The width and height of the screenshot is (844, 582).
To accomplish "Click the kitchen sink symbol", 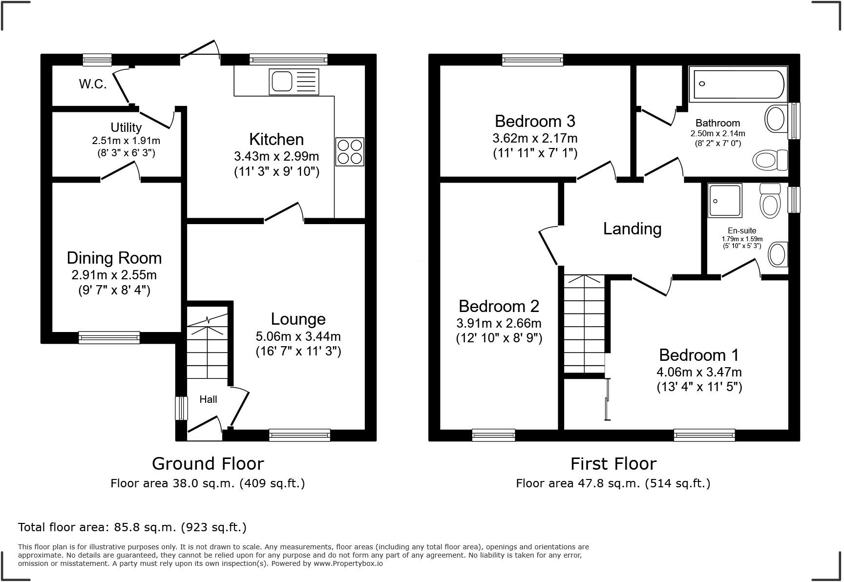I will (294, 82).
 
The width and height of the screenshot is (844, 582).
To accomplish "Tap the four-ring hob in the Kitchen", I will (350, 152).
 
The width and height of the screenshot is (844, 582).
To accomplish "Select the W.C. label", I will (93, 84).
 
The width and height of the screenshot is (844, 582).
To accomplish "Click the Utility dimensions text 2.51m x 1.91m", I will (126, 141).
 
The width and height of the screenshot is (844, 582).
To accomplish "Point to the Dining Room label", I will (114, 258).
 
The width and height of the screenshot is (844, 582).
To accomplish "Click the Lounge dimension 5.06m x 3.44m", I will (298, 336).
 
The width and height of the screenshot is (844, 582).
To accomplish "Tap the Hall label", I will (208, 399).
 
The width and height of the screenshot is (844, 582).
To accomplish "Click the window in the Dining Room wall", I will (109, 337).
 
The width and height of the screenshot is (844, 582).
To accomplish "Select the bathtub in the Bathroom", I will (738, 84).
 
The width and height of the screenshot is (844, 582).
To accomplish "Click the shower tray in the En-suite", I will (725, 200).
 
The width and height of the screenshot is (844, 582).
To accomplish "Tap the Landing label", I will (632, 229).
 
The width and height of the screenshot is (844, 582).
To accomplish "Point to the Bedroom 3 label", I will (535, 121).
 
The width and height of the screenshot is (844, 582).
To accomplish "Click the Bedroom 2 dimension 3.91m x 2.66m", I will (499, 323).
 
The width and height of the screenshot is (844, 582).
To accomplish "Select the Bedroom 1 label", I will (698, 355).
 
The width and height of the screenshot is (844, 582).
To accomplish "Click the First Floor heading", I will (613, 463).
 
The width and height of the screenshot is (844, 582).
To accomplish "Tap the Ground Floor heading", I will (208, 463).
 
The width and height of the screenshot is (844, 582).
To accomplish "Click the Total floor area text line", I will (132, 527).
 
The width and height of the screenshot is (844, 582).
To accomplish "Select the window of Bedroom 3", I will (532, 60).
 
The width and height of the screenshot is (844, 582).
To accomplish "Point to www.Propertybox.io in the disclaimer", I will (348, 563).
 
